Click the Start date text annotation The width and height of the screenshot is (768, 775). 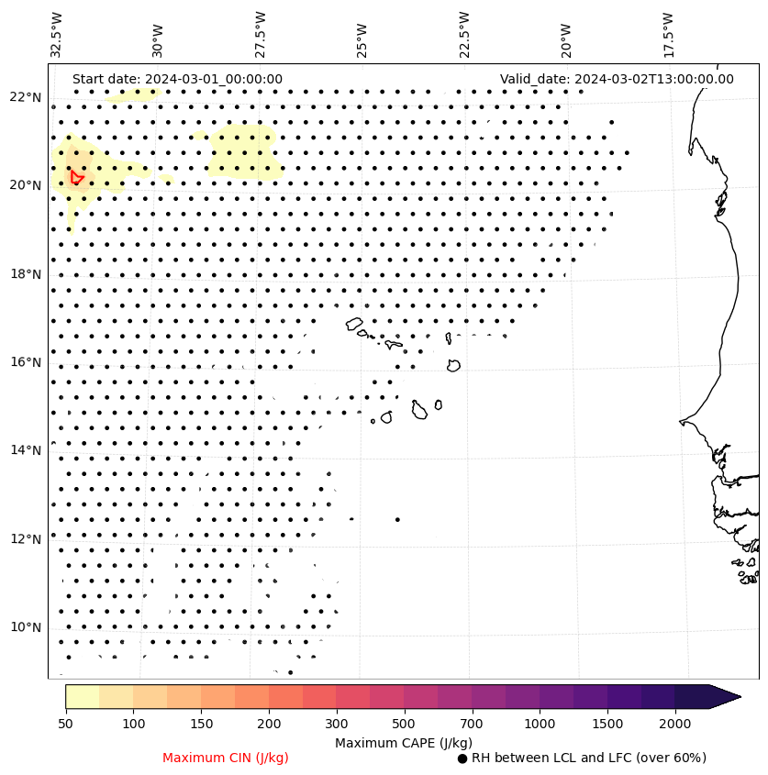pyautogui.click(x=177, y=79)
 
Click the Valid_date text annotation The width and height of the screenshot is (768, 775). pyautogui.click(x=617, y=79)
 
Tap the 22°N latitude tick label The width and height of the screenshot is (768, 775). pyautogui.click(x=26, y=97)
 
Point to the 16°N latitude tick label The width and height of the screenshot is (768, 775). pyautogui.click(x=26, y=362)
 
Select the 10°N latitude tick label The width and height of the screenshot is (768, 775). pyautogui.click(x=26, y=627)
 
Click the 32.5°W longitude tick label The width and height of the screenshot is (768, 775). pyautogui.click(x=57, y=35)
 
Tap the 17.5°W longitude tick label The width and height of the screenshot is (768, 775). pyautogui.click(x=668, y=35)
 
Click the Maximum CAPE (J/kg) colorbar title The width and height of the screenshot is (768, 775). pyautogui.click(x=404, y=742)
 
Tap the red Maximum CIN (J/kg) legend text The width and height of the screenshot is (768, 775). pyautogui.click(x=225, y=758)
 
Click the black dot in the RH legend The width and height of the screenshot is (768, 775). pyautogui.click(x=462, y=758)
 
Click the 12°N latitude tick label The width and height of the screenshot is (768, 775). pyautogui.click(x=26, y=539)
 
